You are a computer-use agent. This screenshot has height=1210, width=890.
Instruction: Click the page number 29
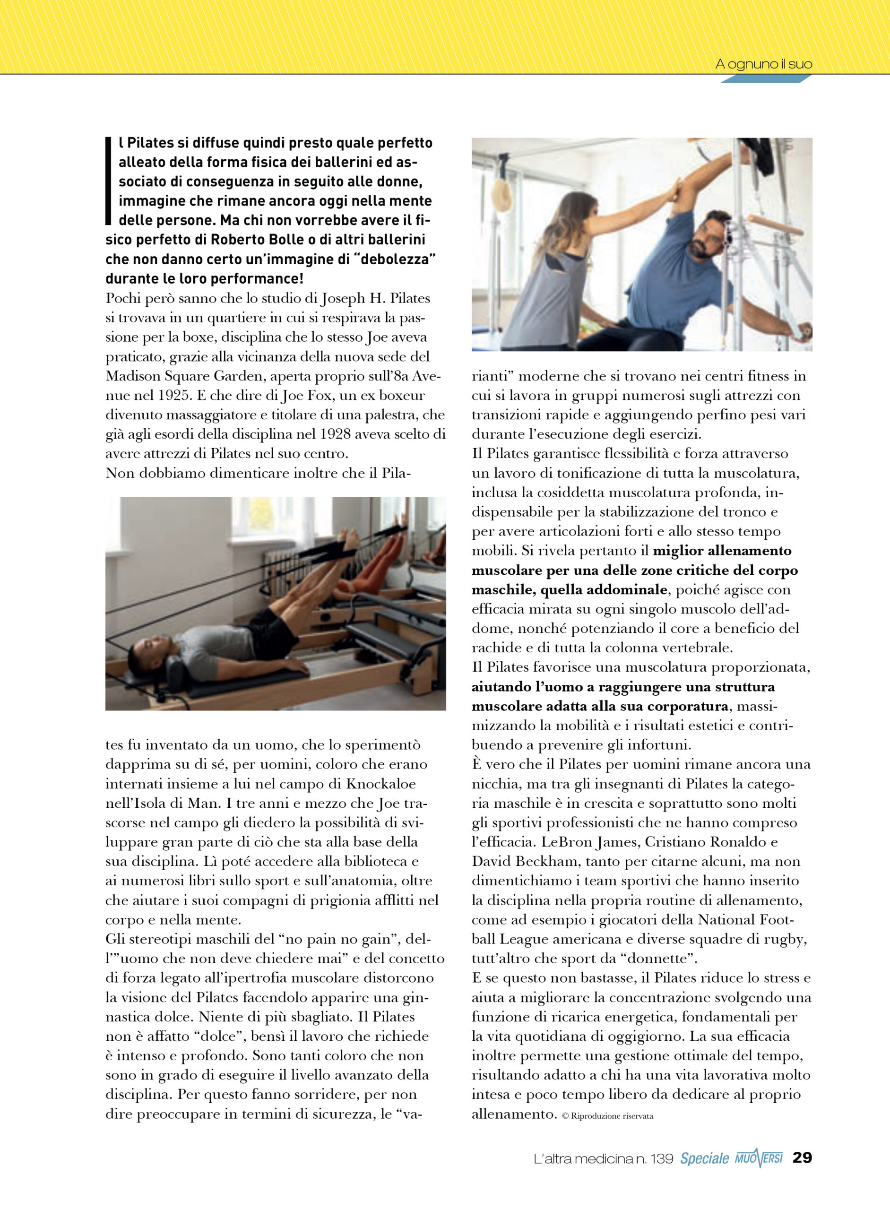[802, 1157]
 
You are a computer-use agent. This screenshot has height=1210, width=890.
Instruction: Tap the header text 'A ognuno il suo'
[763, 64]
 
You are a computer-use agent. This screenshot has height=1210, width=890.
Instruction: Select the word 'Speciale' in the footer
[704, 1158]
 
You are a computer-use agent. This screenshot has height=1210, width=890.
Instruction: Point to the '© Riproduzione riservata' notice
[607, 1116]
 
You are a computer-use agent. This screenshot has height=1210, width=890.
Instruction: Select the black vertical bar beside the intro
[108, 181]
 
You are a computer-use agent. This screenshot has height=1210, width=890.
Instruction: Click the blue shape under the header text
[765, 78]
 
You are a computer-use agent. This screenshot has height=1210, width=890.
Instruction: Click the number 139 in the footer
[661, 1158]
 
